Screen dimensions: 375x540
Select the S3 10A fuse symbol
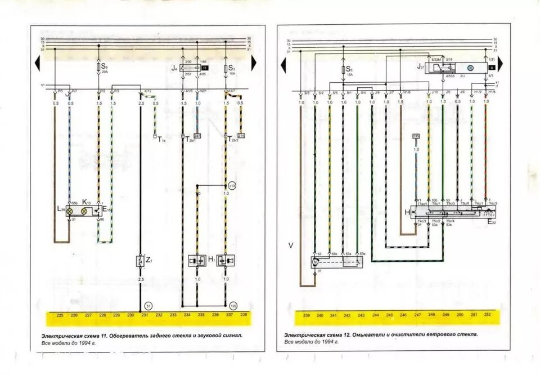pos(226,69)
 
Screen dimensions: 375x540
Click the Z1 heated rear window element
pos(140,261)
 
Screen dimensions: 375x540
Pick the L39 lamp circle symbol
pos(71,211)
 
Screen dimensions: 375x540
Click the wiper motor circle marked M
pos(316,261)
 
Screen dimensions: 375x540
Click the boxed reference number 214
pos(241,136)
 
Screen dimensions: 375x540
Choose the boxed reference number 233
pos(416,136)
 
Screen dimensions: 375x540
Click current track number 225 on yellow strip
pos(60,315)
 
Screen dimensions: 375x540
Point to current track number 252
pos(487,315)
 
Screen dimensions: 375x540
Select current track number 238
pos(244,315)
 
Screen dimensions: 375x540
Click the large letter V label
pos(291,245)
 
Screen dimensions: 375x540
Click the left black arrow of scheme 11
pos(37,63)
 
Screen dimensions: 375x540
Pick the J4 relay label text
pos(175,69)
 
